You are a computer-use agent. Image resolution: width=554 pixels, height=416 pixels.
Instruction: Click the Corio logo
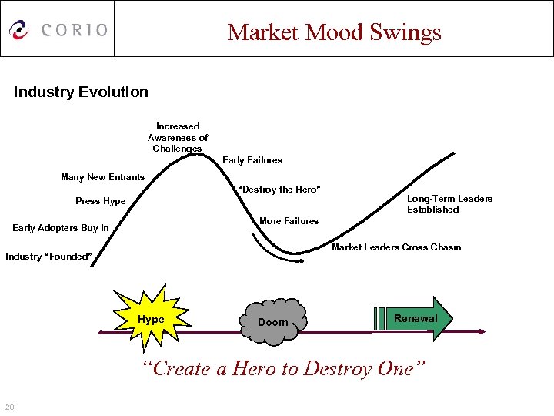point(58,29)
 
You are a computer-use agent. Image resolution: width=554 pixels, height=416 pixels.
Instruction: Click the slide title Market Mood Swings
point(334,32)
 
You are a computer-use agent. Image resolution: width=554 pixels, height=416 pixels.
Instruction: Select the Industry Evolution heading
point(81,92)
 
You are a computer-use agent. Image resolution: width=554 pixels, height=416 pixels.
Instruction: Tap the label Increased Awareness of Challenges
point(178,137)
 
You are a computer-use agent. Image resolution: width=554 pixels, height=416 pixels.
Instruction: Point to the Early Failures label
point(252,160)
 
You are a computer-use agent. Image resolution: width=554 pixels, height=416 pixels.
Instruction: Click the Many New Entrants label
point(102,177)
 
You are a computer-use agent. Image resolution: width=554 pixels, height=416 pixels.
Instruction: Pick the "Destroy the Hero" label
point(279,190)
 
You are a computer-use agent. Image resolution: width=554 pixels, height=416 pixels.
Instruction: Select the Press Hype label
point(100,201)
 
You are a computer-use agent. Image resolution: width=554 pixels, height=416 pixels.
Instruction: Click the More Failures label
point(289,221)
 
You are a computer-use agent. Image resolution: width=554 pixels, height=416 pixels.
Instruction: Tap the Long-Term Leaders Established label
point(449,204)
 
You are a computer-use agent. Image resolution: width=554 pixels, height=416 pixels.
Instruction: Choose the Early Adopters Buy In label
point(61,228)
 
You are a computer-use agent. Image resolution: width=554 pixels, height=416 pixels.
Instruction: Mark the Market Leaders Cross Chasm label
point(396,247)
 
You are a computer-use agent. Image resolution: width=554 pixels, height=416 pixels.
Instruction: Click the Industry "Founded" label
point(48,257)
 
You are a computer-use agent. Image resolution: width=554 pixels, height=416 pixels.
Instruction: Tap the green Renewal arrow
point(415,318)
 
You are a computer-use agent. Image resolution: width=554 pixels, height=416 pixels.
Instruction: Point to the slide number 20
point(9,407)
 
